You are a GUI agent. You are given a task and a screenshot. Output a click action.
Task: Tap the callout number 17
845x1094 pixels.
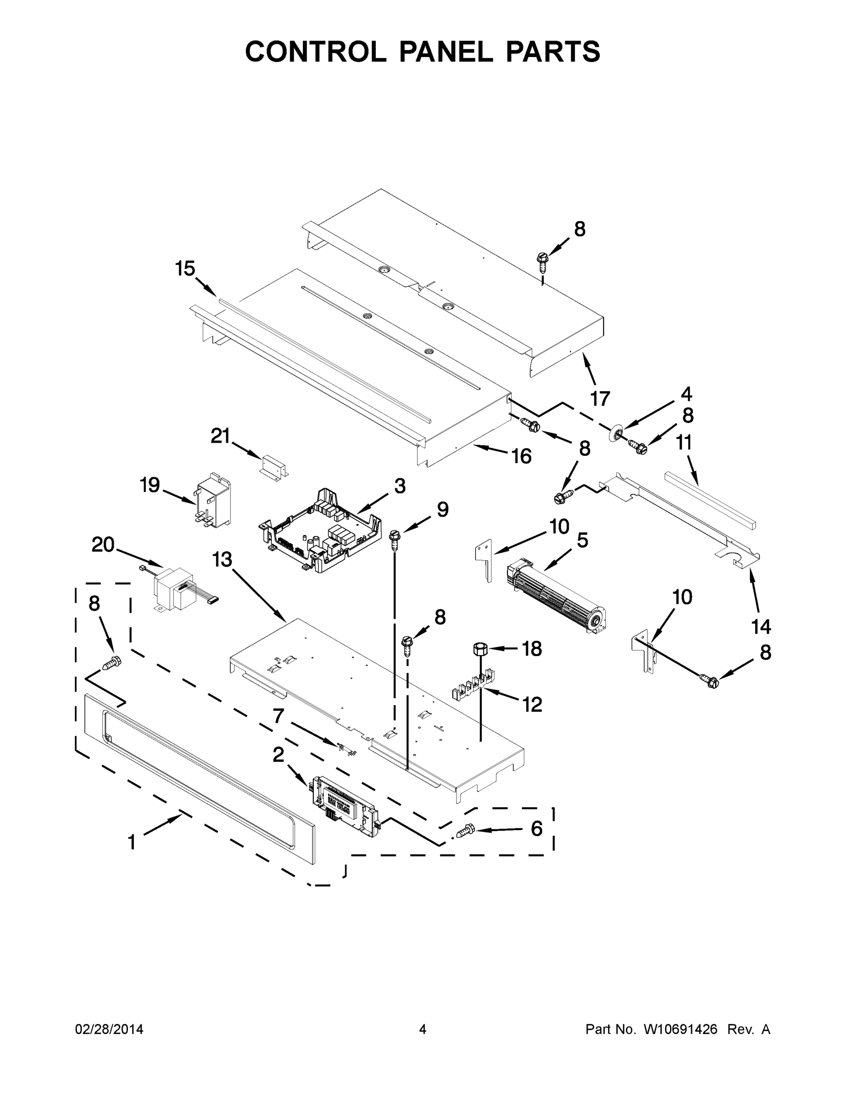coord(600,399)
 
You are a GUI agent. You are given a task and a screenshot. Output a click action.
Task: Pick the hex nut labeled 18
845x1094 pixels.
coord(480,649)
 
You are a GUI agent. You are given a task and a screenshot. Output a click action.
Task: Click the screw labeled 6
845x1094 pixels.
coord(465,831)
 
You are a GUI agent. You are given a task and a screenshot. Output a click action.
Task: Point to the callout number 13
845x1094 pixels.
coord(222,559)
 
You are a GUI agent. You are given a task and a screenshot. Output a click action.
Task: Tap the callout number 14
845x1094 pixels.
coord(761,627)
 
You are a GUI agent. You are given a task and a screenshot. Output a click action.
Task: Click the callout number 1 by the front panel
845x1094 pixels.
coord(132,842)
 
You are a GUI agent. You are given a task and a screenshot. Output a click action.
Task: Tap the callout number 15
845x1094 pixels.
coord(185,268)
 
